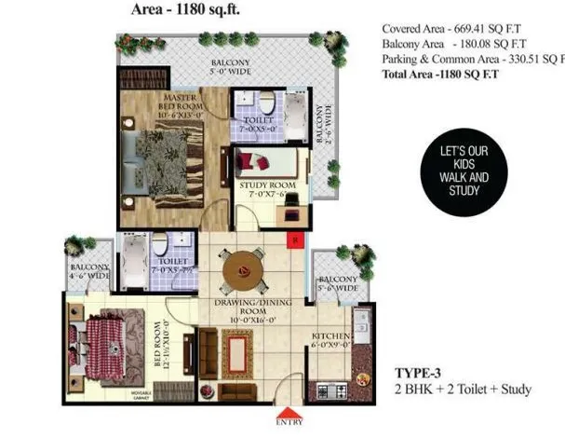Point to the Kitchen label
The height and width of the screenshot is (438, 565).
[x=330, y=339]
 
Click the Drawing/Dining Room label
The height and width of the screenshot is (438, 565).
[x=245, y=310]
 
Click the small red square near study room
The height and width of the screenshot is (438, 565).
[x=293, y=240]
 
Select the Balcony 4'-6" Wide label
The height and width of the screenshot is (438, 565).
[x=88, y=271]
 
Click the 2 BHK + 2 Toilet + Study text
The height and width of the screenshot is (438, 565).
[x=463, y=389]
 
